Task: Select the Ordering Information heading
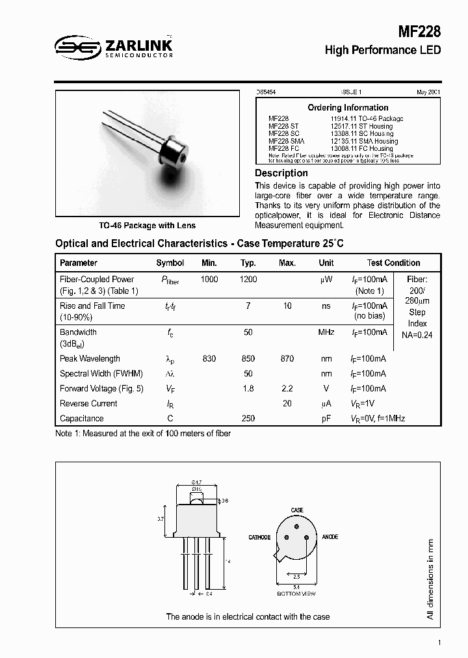pos(348,107)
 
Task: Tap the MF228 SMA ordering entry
pos(286,141)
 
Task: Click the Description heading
pos(281,173)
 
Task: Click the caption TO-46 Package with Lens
pos(147,226)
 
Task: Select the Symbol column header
pos(170,263)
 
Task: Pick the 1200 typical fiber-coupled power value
pos(248,279)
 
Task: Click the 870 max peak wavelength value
pos(287,359)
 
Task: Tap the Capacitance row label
pos(81,419)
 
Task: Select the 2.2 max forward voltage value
pos(287,389)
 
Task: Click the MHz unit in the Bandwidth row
pos(326,332)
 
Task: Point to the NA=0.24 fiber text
pos(417,335)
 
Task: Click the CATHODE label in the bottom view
pos(259,538)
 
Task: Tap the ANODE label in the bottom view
pos(330,538)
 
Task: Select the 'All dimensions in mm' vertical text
pos(430,578)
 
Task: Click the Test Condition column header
pos(393,263)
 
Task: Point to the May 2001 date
pos(428,93)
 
